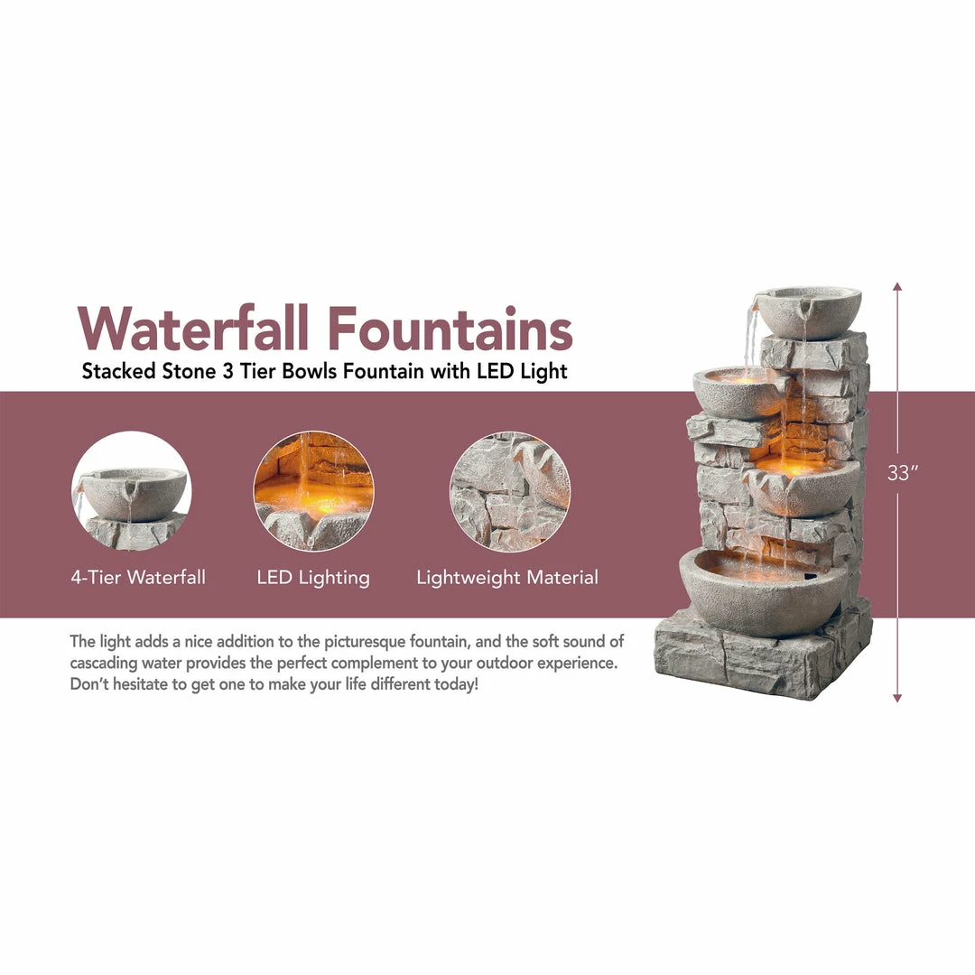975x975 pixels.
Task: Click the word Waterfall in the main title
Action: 194,329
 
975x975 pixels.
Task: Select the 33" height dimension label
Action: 897,473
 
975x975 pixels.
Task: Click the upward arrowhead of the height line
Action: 897,287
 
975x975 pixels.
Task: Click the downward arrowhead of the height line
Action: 897,697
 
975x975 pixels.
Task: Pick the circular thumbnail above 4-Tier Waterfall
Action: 131,491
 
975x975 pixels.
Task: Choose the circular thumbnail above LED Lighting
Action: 313,491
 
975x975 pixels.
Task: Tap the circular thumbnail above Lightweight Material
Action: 510,491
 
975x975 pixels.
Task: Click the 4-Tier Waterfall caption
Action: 138,578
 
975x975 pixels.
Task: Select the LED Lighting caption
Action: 313,578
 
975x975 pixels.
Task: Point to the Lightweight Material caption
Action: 507,578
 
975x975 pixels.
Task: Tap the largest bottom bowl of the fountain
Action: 763,591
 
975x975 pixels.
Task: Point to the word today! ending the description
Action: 456,684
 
